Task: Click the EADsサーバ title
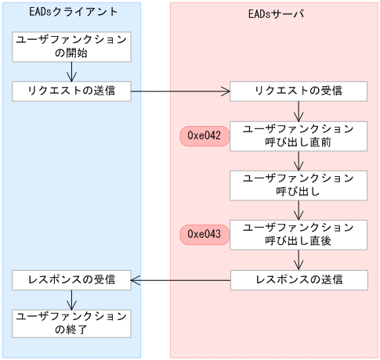273,13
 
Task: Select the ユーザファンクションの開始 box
71,46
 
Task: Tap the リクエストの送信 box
71,91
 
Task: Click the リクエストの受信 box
299,91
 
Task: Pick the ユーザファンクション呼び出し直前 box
299,136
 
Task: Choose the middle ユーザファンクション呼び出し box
299,185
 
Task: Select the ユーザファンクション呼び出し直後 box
299,234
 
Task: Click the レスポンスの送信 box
299,279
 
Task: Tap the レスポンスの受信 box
71,279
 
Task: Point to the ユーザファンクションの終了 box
71,323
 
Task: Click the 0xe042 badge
204,136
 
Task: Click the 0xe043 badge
204,234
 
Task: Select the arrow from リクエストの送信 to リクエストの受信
180,91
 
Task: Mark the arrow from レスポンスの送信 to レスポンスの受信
180,279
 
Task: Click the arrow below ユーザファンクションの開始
71,71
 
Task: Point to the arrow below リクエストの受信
299,111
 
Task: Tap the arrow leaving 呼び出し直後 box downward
299,260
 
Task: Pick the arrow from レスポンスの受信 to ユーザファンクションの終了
71,300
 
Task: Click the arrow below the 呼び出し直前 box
299,160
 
